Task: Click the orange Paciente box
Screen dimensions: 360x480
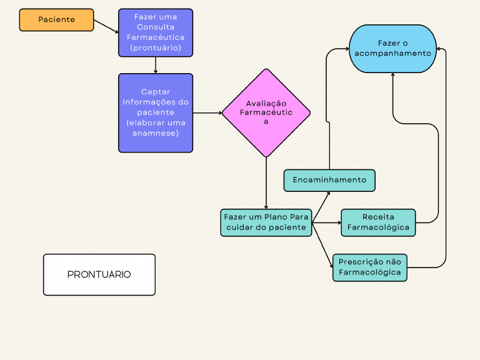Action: pyautogui.click(x=56, y=20)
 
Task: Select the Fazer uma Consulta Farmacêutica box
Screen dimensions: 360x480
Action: pyautogui.click(x=156, y=32)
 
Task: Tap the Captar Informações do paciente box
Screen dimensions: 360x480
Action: pyautogui.click(x=156, y=113)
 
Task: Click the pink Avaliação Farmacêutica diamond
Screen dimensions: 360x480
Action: pyautogui.click(x=266, y=112)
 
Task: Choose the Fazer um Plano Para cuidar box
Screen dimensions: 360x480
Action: pyautogui.click(x=266, y=222)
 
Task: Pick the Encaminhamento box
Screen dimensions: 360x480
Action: pyautogui.click(x=329, y=180)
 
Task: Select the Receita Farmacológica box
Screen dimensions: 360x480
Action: pyautogui.click(x=378, y=222)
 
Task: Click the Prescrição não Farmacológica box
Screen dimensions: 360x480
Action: pyautogui.click(x=369, y=267)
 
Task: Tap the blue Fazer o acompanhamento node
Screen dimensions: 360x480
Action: pyautogui.click(x=392, y=49)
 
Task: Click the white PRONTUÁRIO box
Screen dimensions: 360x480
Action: pyautogui.click(x=99, y=274)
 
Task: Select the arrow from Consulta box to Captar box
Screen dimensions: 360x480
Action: pyautogui.click(x=156, y=65)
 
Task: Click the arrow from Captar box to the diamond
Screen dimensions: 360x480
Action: pyautogui.click(x=207, y=113)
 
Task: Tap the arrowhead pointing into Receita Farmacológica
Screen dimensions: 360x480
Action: pyautogui.click(x=338, y=222)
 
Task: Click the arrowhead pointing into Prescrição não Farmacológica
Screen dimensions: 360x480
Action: pyautogui.click(x=331, y=266)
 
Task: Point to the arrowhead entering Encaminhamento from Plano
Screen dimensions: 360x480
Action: pyautogui.click(x=328, y=193)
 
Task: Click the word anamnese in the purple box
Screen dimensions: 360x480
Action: pyautogui.click(x=156, y=133)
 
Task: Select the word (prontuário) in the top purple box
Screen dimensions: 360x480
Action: pyautogui.click(x=156, y=47)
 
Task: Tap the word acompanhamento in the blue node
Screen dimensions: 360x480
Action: pyautogui.click(x=392, y=53)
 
